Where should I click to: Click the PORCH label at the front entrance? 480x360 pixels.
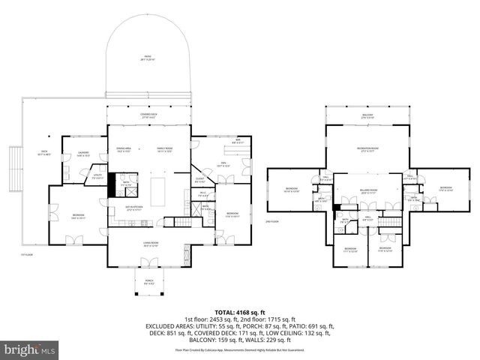[x=148, y=282]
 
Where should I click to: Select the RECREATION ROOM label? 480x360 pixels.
[x=367, y=150]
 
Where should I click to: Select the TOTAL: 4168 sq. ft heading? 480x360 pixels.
[x=240, y=311]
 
